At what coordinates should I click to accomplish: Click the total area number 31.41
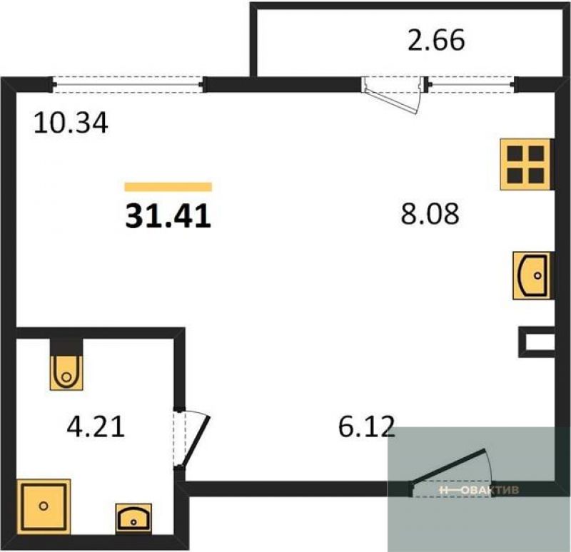click(x=168, y=216)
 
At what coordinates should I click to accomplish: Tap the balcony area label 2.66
click(x=436, y=40)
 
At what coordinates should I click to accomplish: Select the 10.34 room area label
click(x=71, y=123)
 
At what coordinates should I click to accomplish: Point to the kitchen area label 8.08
click(x=430, y=213)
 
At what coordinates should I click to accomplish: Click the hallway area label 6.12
click(x=366, y=426)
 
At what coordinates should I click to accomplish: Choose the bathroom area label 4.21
click(x=96, y=426)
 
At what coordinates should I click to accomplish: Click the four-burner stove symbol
click(x=526, y=165)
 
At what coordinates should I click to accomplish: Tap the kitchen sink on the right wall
click(x=532, y=275)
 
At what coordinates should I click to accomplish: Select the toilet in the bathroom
click(x=66, y=364)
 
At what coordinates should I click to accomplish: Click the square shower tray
click(x=44, y=506)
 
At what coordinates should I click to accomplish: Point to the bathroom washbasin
click(x=133, y=518)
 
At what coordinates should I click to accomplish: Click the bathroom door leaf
click(x=196, y=440)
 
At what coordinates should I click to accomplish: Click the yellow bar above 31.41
click(x=168, y=187)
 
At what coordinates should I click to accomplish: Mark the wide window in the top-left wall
click(x=128, y=84)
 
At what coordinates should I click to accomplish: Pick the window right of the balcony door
click(x=473, y=84)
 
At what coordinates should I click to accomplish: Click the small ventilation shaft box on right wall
click(x=537, y=342)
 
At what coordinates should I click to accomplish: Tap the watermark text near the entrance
click(x=479, y=490)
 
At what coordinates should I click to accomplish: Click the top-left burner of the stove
click(x=515, y=153)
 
